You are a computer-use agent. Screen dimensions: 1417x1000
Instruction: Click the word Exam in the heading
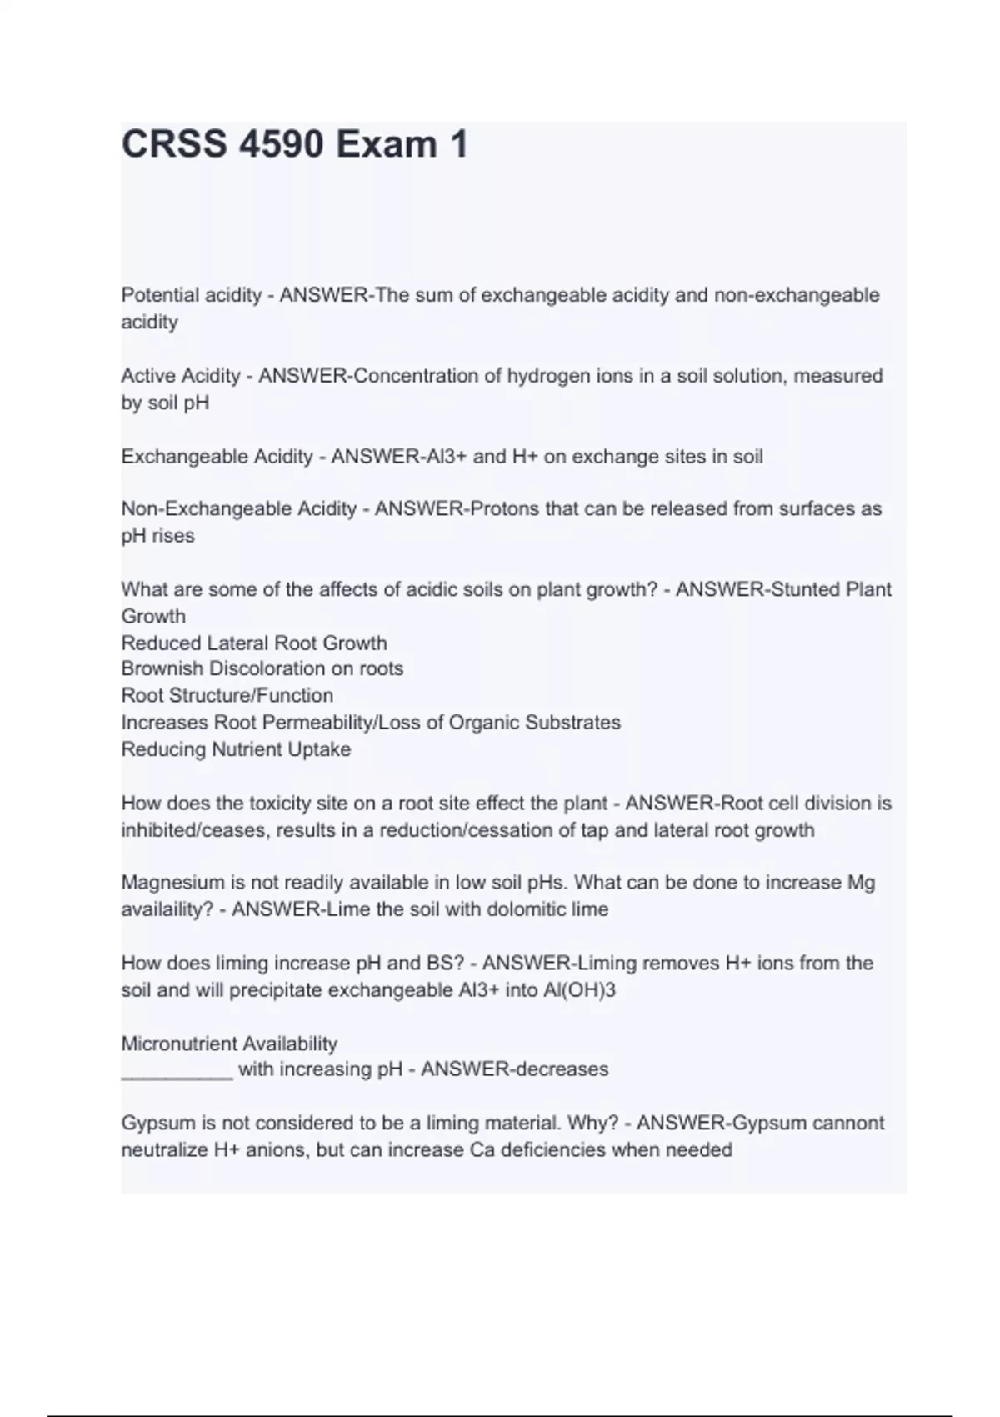(x=386, y=144)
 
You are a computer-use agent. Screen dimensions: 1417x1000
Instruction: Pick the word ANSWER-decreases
(x=514, y=1069)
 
